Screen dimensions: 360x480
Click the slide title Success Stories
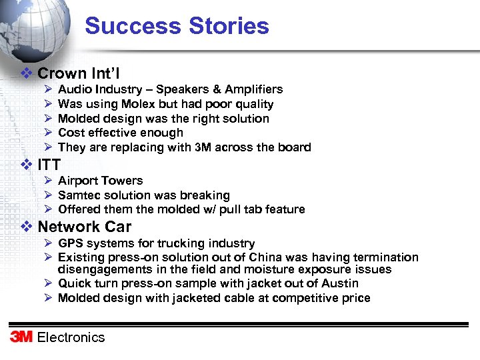tap(177, 26)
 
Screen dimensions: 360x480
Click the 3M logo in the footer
tap(21, 337)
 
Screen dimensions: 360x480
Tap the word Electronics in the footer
tap(71, 337)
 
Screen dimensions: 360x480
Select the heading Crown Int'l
tap(79, 73)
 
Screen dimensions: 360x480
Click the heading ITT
tap(49, 165)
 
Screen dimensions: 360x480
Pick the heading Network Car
tap(85, 227)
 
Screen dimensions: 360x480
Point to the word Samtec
tap(78, 195)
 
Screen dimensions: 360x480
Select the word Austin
tap(341, 283)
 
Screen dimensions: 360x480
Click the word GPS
tap(71, 243)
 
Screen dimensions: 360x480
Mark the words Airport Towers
tap(101, 181)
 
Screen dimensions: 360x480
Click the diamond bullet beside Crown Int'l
tap(27, 73)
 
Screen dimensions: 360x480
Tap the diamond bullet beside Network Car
tap(27, 227)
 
